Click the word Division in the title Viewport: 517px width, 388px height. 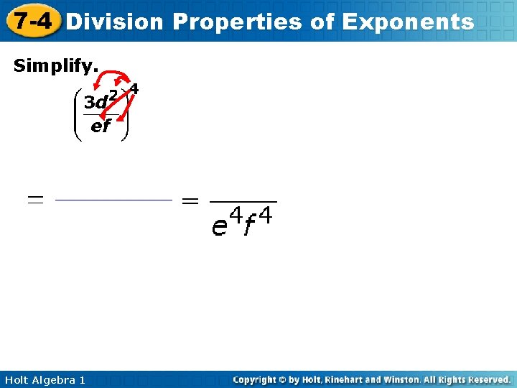coord(115,22)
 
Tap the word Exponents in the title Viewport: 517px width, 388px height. coord(408,22)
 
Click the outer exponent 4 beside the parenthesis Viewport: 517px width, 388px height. coord(135,90)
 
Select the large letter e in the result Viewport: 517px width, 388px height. coord(219,226)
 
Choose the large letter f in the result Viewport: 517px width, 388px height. coord(248,228)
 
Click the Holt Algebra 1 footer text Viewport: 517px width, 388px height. coord(45,379)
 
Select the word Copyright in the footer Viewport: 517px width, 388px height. coord(256,379)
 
